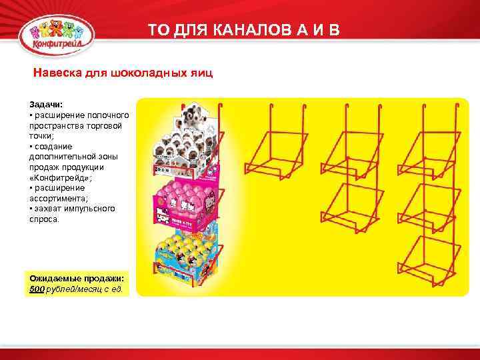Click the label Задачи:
(x=45, y=105)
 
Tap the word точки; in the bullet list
(x=41, y=135)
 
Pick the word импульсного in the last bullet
(x=93, y=208)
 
